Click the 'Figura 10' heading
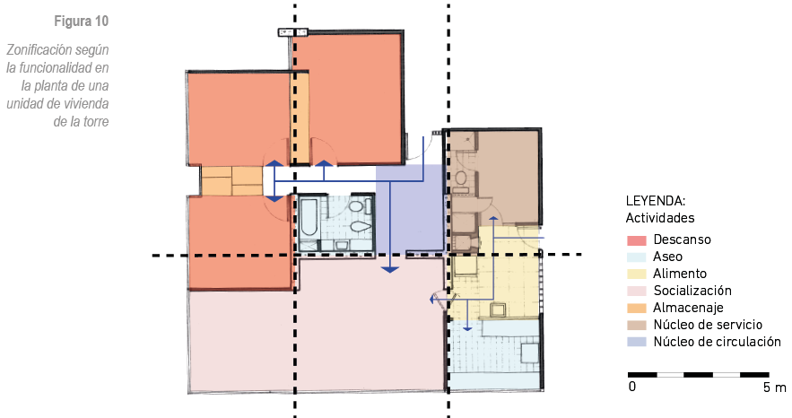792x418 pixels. pos(82,22)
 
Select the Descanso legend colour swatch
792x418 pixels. pos(637,240)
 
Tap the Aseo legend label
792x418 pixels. pos(667,257)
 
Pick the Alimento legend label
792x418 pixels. pos(679,274)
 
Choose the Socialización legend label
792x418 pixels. pos(692,291)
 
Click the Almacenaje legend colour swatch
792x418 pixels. pos(637,308)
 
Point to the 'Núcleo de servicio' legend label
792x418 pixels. pos(707,325)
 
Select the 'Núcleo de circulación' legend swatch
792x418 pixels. pos(637,342)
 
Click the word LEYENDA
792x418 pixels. pos(655,201)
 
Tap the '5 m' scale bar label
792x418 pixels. pos(775,388)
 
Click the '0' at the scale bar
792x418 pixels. pos(631,388)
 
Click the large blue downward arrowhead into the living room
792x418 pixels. pos(389,270)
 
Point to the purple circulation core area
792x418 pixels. pos(409,208)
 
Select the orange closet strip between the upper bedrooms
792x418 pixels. pos(301,118)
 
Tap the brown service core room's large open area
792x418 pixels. pos(509,177)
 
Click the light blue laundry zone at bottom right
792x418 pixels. pos(495,354)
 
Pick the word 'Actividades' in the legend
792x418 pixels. pos(659,218)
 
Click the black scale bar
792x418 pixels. pos(699,375)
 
